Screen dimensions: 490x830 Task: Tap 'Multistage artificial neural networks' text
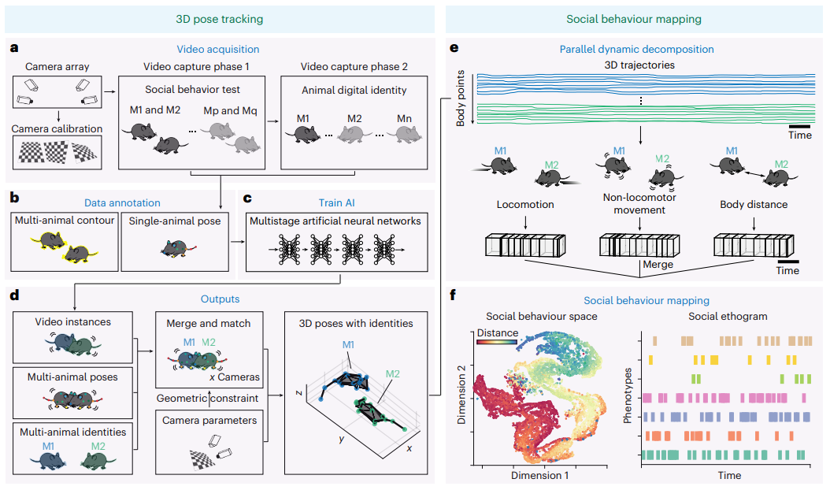pyautogui.click(x=334, y=221)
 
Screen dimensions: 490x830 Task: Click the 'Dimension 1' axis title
pyautogui.click(x=539, y=475)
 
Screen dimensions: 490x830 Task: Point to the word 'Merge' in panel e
pyautogui.click(x=658, y=265)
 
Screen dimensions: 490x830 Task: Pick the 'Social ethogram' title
pyautogui.click(x=728, y=316)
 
